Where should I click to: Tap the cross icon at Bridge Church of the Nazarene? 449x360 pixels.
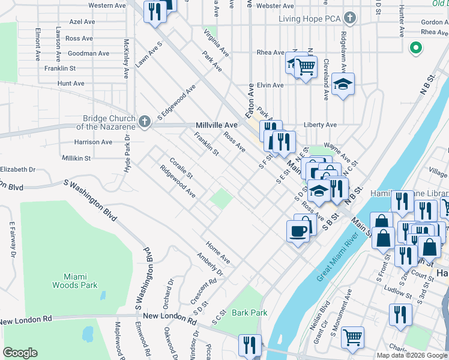[x=144, y=122]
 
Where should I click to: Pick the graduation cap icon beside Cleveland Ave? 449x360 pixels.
[x=343, y=84]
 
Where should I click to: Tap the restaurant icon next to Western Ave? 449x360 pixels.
[x=154, y=11]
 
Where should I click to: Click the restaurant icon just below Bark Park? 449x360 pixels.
[x=249, y=344]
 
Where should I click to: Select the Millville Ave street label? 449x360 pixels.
[x=217, y=125]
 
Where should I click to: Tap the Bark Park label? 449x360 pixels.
[x=249, y=313]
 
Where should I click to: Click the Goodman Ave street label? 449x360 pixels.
[x=88, y=53]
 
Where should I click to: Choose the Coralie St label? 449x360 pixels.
[x=181, y=168]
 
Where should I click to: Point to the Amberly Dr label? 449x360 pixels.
[x=210, y=264]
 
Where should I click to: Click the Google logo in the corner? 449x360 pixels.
[x=20, y=353]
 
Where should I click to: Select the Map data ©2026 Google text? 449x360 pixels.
[x=412, y=355]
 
